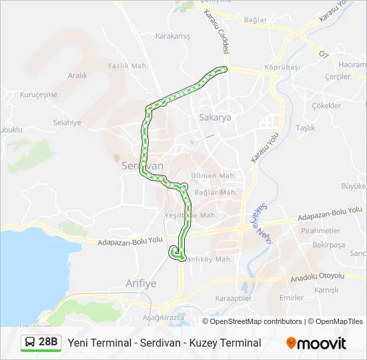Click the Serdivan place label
coord(142,165)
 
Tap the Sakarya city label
coord(215,117)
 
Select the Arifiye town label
coord(141,283)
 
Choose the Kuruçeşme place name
coord(39,95)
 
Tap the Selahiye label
coord(67,123)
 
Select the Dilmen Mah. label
coord(214,176)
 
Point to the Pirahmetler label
coord(321,231)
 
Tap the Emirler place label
coord(292,298)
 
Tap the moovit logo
coord(316,343)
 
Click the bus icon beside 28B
coord(30,343)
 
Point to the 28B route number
coord(48,343)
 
